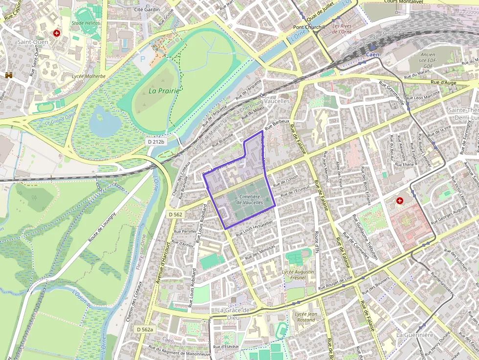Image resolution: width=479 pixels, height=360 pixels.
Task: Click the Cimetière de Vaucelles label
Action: (x=250, y=199)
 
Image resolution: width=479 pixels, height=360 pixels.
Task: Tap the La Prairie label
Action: (x=164, y=90)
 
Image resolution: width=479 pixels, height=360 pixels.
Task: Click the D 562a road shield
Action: (x=145, y=330)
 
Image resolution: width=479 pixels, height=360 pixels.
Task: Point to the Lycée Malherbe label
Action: (x=88, y=76)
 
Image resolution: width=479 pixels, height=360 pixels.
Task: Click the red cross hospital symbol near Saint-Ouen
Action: (x=57, y=33)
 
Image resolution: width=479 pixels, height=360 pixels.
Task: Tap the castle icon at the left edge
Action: (x=9, y=75)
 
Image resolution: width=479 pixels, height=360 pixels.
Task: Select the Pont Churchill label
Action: (x=309, y=27)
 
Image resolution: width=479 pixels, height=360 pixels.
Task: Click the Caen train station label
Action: (x=372, y=54)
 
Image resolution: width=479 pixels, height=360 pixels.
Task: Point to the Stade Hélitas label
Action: (x=86, y=23)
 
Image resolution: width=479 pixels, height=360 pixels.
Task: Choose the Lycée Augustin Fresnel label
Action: (x=298, y=275)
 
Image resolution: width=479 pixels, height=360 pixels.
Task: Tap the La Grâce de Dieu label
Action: (x=233, y=314)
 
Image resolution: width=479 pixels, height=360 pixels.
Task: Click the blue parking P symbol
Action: (x=143, y=59)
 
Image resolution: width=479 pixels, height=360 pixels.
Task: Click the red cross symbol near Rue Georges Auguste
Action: (x=400, y=200)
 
